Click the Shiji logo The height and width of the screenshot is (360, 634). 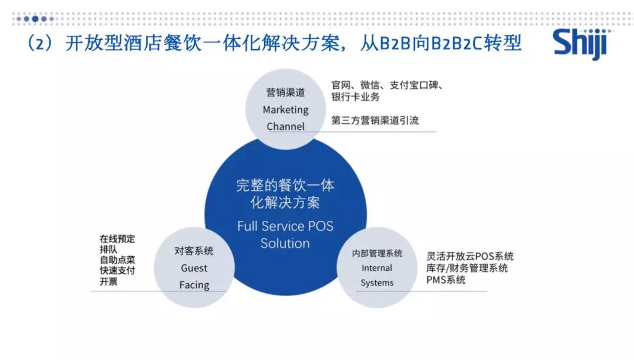tap(579, 45)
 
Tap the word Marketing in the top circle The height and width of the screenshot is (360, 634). tap(285, 110)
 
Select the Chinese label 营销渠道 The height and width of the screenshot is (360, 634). tap(285, 93)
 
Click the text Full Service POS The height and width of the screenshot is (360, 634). tap(285, 226)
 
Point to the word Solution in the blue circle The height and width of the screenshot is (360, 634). tap(285, 243)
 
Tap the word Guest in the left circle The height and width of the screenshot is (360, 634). tap(194, 268)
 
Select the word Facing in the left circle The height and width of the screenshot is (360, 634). tap(194, 285)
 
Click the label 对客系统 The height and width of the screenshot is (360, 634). tap(194, 251)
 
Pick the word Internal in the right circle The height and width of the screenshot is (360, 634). tap(377, 268)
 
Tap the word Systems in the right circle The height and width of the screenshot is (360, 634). tap(377, 283)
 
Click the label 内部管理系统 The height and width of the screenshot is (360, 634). tap(377, 254)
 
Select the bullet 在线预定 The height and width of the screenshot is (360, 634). tap(117, 239)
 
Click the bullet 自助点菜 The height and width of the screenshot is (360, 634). tap(117, 260)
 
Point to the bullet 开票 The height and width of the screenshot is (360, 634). tap(109, 281)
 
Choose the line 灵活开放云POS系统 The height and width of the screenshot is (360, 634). tap(470, 257)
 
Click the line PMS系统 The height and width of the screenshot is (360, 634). tap(446, 280)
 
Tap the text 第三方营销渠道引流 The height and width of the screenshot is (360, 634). tap(375, 120)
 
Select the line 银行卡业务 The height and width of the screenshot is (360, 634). tap(355, 97)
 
